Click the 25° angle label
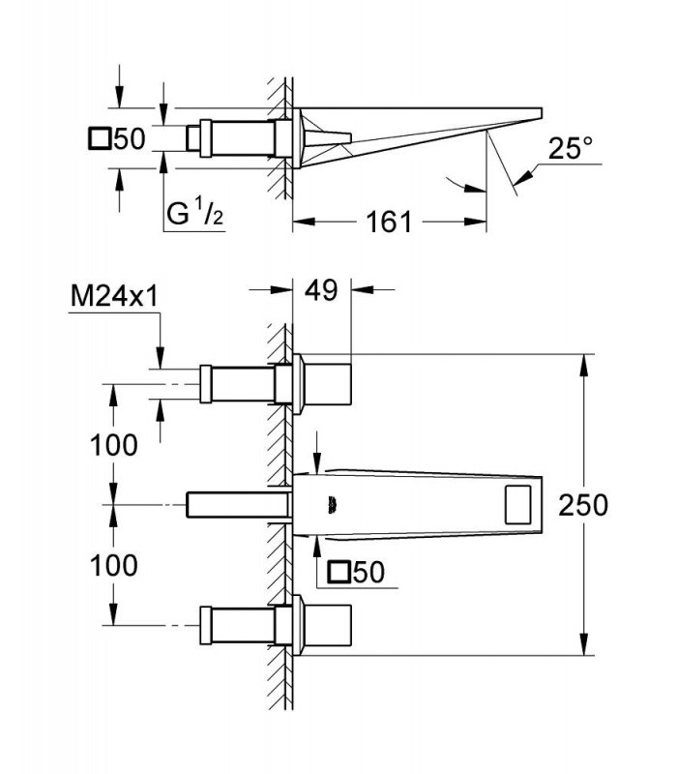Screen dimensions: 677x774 coord(571,148)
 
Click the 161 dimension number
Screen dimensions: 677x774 coord(389,222)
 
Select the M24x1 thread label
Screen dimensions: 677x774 coord(114,297)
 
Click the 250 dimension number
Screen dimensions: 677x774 coord(583,505)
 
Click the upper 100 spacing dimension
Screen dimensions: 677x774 coord(113,445)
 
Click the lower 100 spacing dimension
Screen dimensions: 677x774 coord(113,565)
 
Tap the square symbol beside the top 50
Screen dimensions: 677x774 coord(100,138)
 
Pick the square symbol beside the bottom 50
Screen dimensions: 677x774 coord(340,572)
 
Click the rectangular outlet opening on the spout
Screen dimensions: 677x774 coord(517,504)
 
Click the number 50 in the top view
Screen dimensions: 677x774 coord(130,138)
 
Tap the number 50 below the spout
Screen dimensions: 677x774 coord(369,572)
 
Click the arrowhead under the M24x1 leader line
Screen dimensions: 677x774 coord(160,357)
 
